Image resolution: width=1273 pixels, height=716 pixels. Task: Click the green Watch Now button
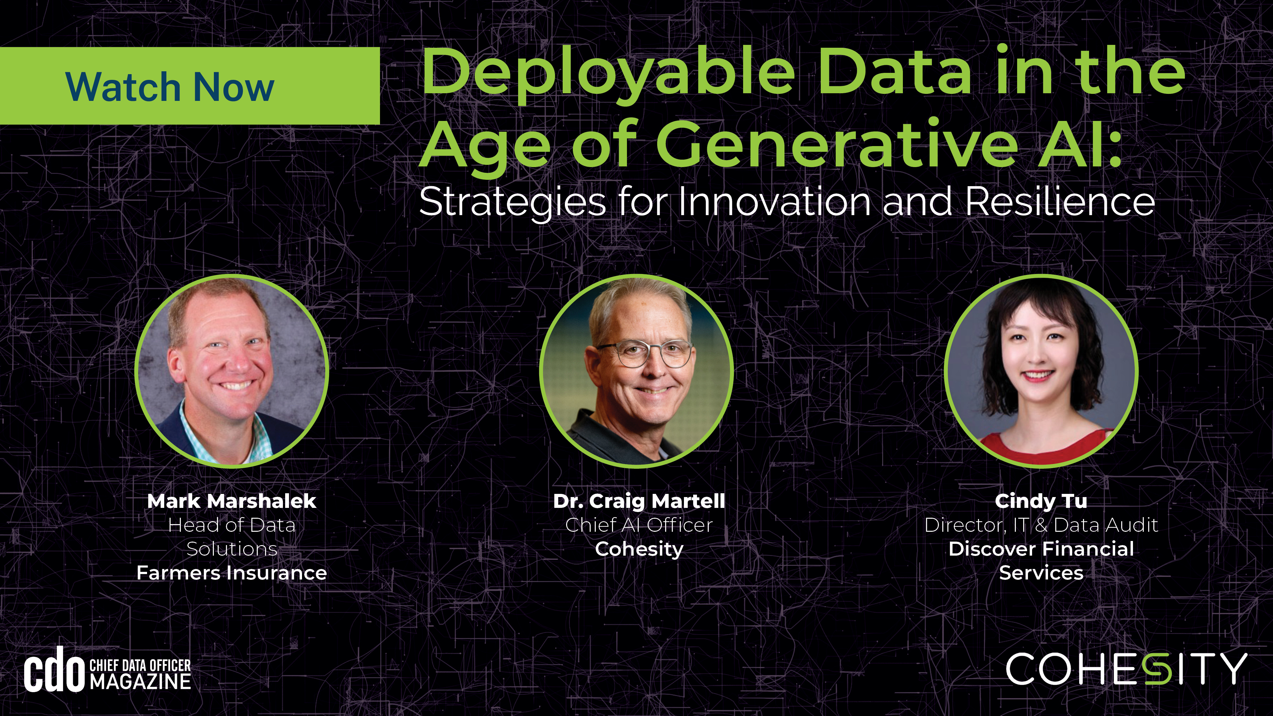click(x=189, y=86)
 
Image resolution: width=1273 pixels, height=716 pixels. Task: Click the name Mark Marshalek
click(x=231, y=501)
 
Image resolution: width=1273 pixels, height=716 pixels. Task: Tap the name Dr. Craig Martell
click(x=639, y=501)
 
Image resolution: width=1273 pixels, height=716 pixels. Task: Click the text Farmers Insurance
click(x=231, y=573)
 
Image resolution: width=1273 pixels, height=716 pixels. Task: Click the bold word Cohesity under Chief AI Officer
click(x=639, y=549)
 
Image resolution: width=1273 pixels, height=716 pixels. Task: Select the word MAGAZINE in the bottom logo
click(x=141, y=682)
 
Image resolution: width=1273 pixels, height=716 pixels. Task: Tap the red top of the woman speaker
click(x=1043, y=447)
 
